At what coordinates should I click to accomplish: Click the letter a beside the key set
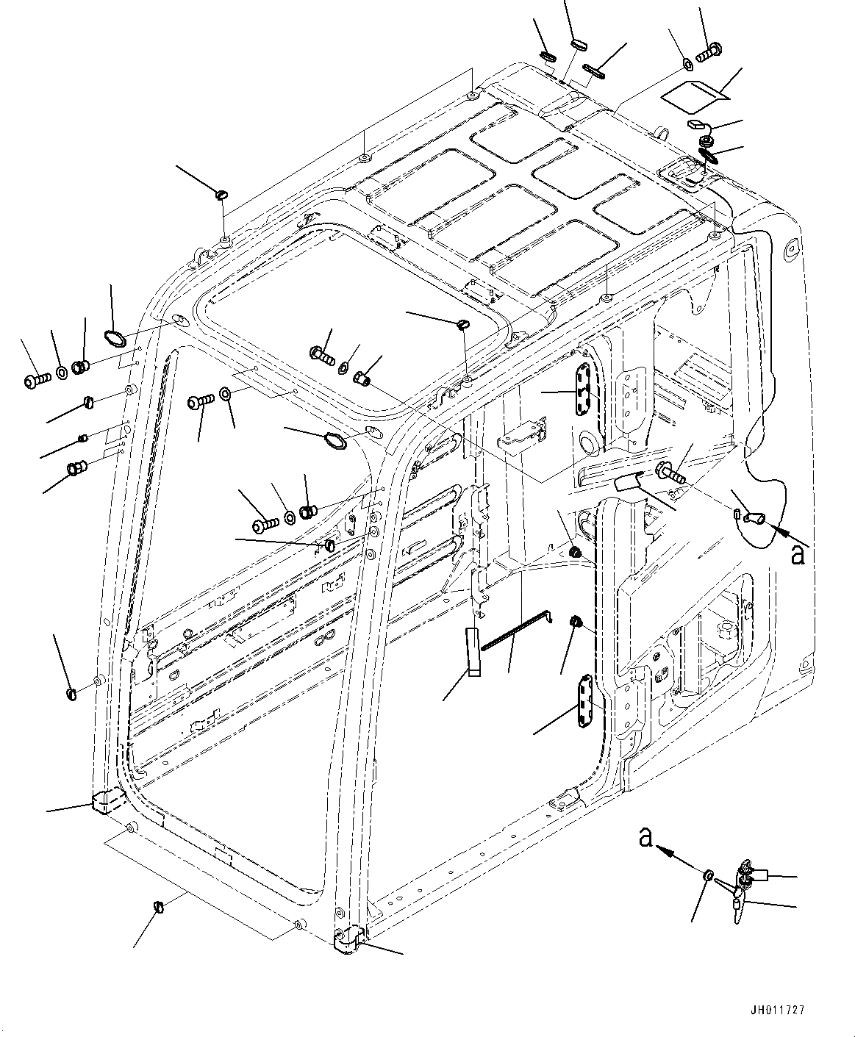click(646, 837)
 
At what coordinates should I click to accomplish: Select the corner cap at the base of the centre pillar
click(349, 940)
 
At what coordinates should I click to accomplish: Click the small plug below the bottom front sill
click(159, 906)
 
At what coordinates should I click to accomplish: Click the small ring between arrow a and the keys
click(708, 875)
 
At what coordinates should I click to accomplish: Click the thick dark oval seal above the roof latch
click(710, 157)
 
